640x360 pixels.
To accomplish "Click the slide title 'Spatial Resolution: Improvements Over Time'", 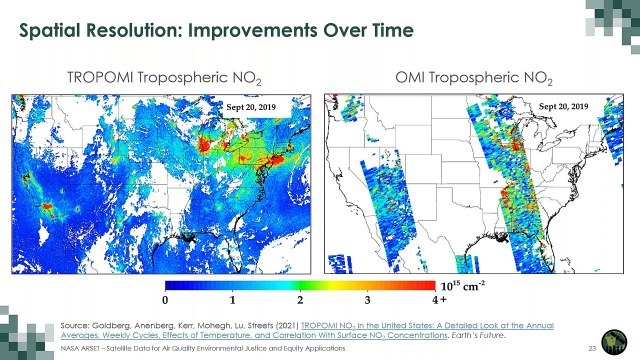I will pyautogui.click(x=217, y=30).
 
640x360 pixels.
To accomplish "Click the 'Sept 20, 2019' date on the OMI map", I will pyautogui.click(x=567, y=105).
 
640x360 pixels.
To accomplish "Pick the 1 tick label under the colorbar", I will pyautogui.click(x=232, y=299).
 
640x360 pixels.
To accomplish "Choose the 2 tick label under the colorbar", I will pyautogui.click(x=300, y=299).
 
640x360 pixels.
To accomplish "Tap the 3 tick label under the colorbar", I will pyautogui.click(x=368, y=299).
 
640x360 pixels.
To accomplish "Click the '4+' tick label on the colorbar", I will pyautogui.click(x=438, y=299).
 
